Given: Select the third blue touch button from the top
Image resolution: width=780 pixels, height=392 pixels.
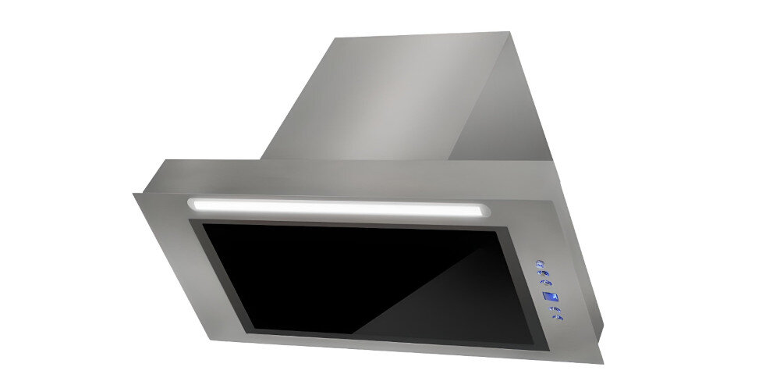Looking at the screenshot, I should point(546,284).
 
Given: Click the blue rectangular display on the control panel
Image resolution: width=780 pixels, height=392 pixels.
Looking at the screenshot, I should point(549,298).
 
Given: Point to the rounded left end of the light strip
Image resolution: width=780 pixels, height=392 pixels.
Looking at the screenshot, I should point(191,203).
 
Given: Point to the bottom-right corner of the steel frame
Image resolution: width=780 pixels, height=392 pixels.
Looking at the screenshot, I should point(603,363).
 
